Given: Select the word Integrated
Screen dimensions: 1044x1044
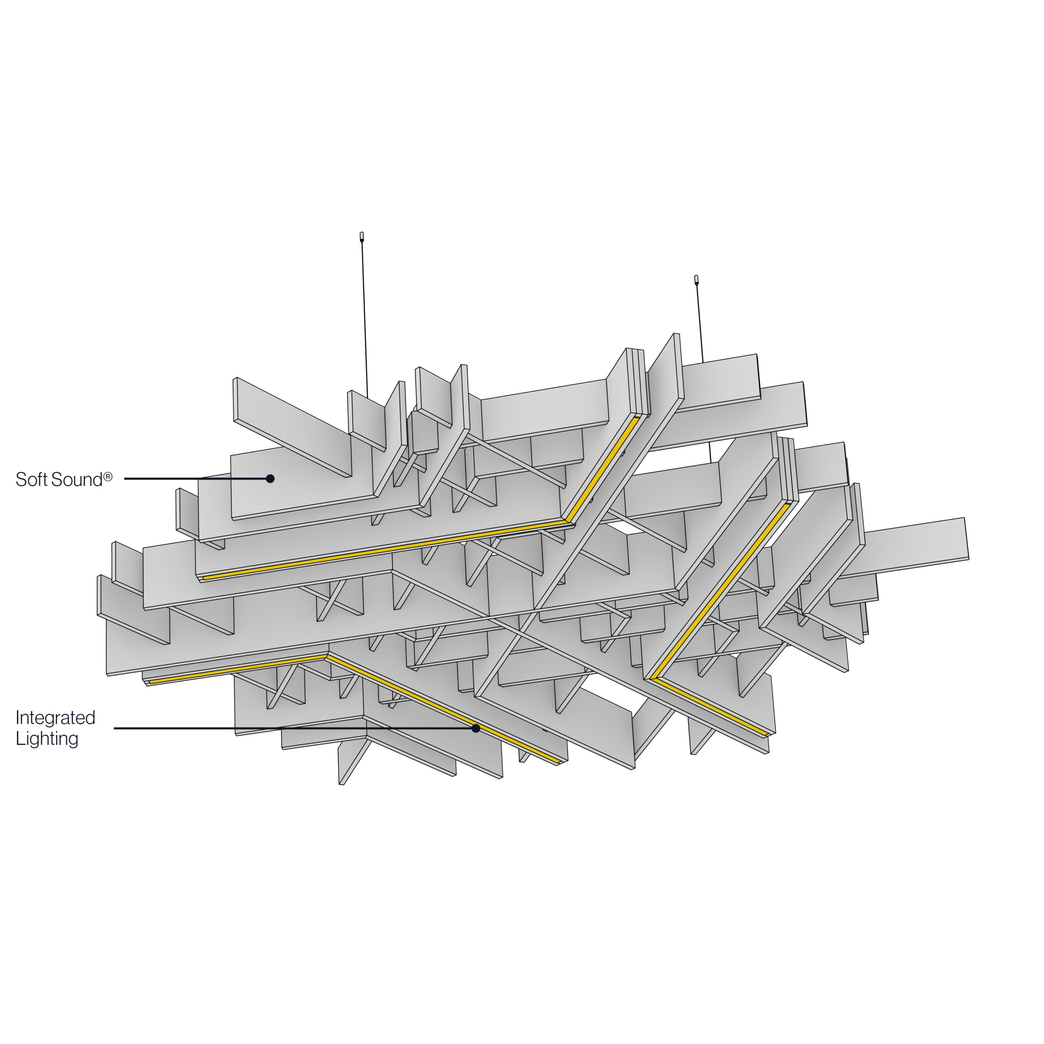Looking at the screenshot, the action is click(x=55, y=718).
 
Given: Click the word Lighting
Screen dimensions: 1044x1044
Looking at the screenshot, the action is click(x=47, y=738).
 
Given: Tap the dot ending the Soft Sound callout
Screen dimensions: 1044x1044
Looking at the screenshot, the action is click(x=270, y=478).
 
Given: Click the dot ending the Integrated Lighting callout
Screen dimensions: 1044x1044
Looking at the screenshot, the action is click(x=476, y=728).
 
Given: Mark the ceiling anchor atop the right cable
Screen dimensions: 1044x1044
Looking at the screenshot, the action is click(x=697, y=280).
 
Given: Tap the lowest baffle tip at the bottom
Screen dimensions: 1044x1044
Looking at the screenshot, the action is click(x=341, y=783).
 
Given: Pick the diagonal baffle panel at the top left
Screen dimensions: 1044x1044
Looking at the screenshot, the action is click(x=292, y=427).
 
